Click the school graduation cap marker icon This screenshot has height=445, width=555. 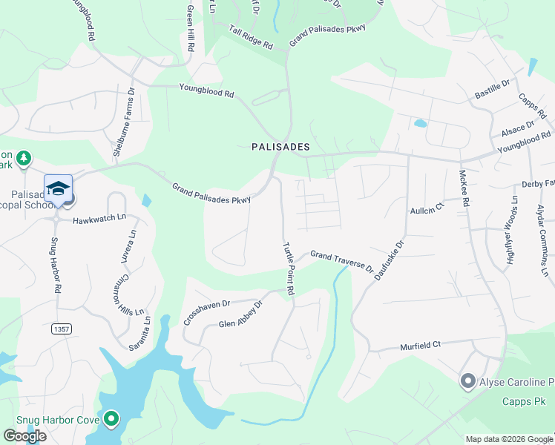coord(58,188)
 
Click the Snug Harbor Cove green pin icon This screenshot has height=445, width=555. coord(112,420)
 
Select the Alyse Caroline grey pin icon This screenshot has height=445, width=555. coord(467,382)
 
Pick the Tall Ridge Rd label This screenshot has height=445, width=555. coord(251,37)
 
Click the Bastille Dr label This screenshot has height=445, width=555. coord(493,90)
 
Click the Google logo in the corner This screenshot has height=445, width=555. coord(24,436)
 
